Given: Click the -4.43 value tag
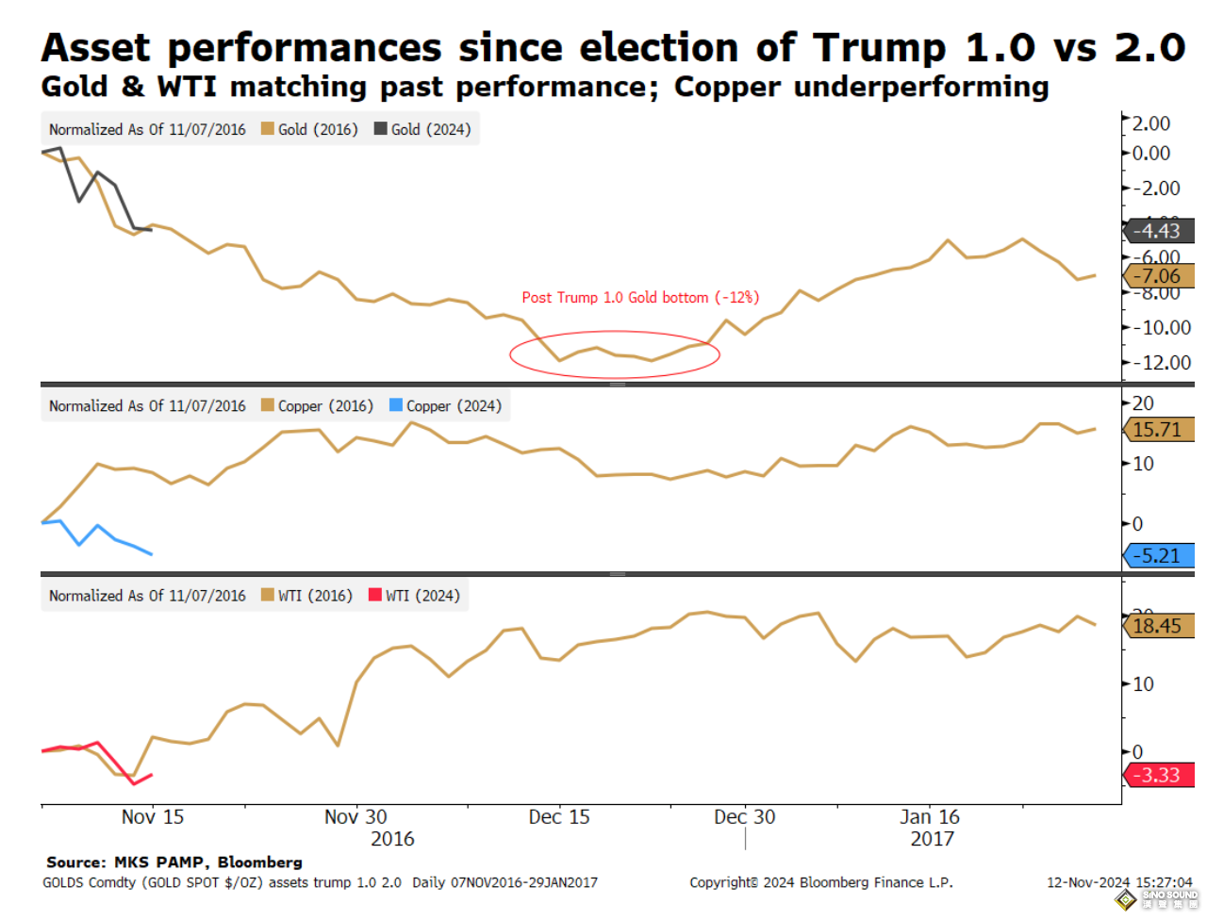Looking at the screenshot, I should pos(1157,231).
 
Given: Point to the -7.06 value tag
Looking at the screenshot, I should pos(1157,276).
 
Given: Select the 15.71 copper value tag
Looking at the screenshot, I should pos(1157,430).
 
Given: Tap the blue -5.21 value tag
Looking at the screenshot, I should pos(1157,555).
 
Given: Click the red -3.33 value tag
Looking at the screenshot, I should pos(1157,775).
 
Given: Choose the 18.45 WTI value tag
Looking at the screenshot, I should pos(1157,626).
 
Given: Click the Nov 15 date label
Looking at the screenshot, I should pos(153,817).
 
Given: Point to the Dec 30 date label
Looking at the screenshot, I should pos(744,817).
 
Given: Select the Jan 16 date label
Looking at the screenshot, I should pos(930,817).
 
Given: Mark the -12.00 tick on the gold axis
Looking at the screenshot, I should pos(1162,363).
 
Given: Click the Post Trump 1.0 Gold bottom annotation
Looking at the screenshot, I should pos(640,298).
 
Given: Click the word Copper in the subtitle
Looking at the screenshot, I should pos(729,87).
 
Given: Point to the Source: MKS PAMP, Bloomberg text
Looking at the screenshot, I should pos(174,862).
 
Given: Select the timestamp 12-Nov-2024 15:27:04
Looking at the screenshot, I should pos(1119,882).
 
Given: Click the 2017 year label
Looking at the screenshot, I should pos(932,839).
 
